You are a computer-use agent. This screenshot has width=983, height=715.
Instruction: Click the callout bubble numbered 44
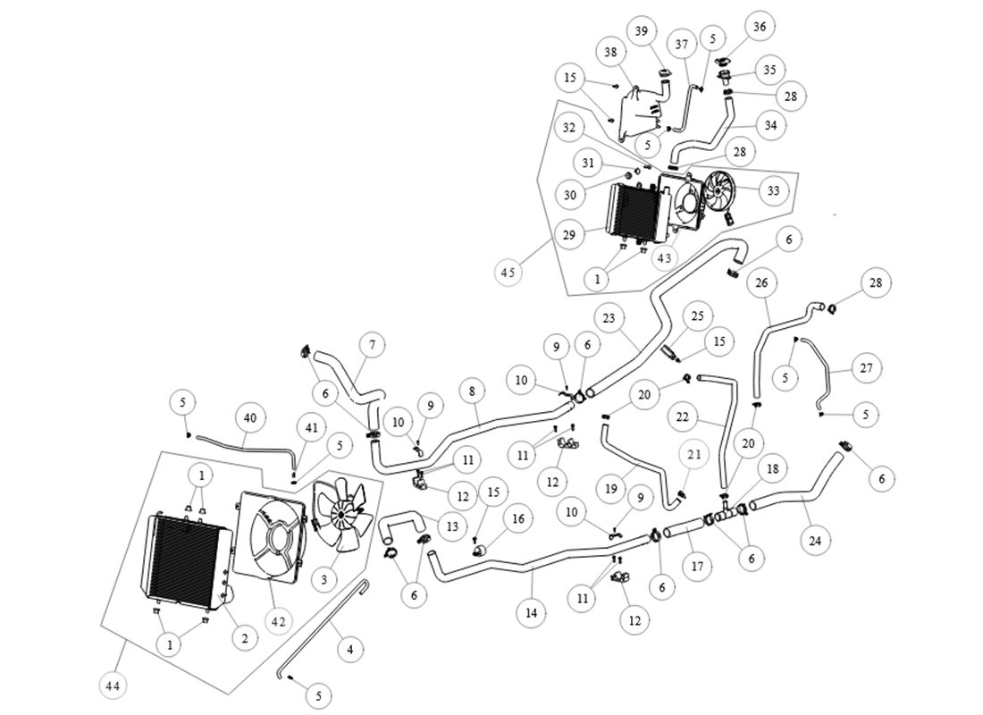click(113, 686)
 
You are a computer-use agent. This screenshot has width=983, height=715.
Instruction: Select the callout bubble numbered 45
click(508, 273)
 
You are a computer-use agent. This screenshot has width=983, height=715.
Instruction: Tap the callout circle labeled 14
click(531, 613)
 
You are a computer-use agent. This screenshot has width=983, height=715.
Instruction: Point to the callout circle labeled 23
click(609, 318)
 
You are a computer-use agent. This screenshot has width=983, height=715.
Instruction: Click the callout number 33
click(772, 190)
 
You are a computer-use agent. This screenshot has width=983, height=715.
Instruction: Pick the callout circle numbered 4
click(349, 650)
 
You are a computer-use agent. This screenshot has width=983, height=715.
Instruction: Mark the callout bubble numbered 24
click(814, 541)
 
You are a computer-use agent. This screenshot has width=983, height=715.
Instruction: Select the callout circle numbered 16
click(517, 518)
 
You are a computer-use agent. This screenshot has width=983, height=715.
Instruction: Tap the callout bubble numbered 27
click(866, 368)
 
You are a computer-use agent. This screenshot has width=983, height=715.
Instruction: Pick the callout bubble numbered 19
click(611, 489)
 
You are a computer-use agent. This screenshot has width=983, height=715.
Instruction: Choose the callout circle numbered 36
click(760, 27)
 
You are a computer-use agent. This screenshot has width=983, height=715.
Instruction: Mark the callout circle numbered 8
click(472, 391)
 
